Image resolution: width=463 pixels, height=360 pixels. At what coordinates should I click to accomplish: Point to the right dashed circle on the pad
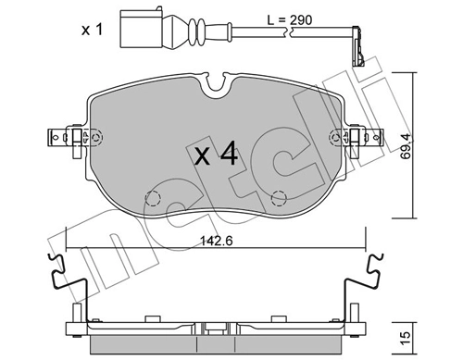(278, 197)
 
